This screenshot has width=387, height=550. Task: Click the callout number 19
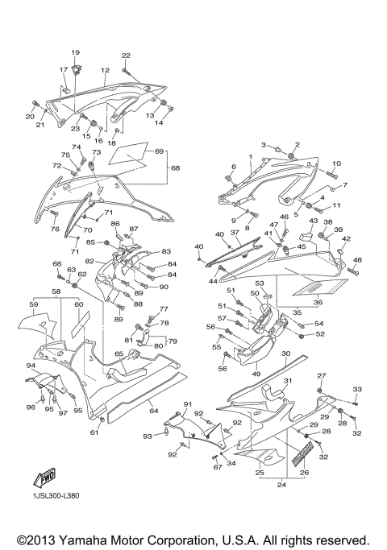click(76, 53)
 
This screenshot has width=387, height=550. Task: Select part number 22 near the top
click(126, 55)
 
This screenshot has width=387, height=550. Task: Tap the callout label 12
click(105, 70)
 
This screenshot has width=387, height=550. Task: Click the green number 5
click(295, 215)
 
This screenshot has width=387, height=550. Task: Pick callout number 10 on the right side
click(336, 163)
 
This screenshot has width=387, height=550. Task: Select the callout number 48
click(358, 260)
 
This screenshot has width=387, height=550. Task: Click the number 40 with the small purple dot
click(199, 246)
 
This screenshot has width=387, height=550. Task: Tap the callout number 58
click(57, 292)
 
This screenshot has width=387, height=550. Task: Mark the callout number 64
click(152, 411)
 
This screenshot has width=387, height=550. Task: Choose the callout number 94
click(31, 366)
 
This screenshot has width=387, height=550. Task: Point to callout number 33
click(357, 389)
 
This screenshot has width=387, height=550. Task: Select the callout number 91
click(186, 403)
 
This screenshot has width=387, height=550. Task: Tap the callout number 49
click(256, 374)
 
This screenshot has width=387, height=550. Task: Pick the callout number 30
click(285, 354)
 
